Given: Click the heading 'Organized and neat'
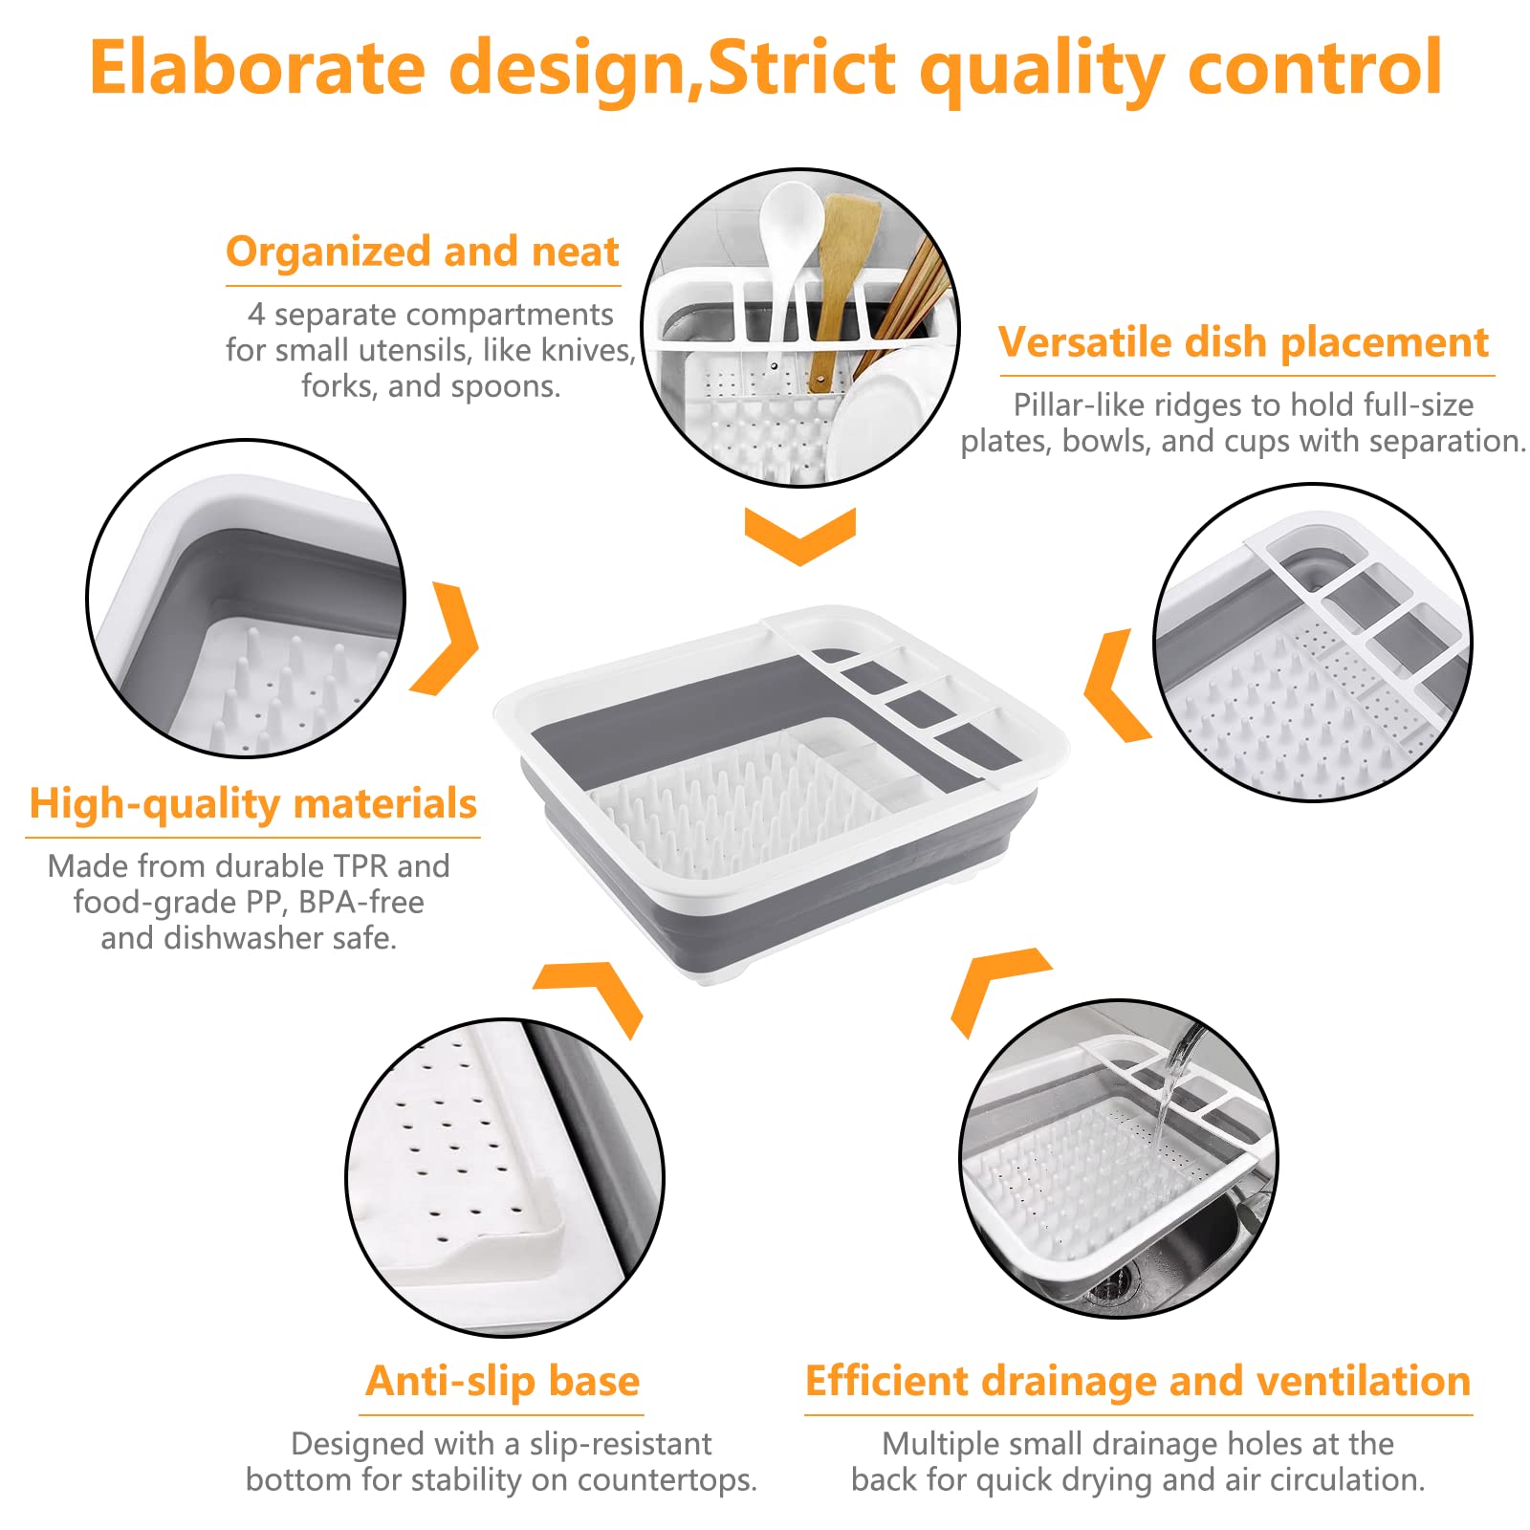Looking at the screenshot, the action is (x=423, y=252).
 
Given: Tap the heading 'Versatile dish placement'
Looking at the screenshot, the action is (x=1244, y=343).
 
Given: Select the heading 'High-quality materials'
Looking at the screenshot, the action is (x=252, y=804).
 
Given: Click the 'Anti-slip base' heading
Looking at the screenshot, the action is (x=503, y=1381).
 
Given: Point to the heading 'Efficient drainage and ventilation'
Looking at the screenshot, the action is (x=1138, y=1382).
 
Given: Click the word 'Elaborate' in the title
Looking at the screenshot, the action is (x=257, y=68).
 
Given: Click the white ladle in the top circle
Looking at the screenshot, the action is (x=790, y=258).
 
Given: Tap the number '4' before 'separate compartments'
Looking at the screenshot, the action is (x=256, y=314).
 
